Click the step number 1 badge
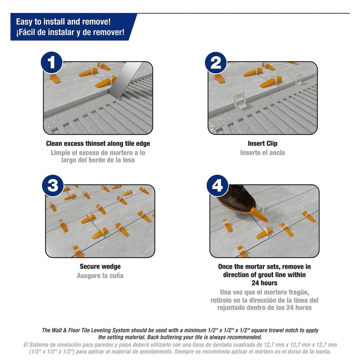click(x=52, y=63)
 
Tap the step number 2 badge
click(x=216, y=63)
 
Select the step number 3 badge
click(x=53, y=186)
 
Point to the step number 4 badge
click(x=217, y=186)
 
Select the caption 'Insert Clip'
click(x=262, y=144)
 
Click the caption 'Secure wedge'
click(x=100, y=266)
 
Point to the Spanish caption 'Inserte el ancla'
click(x=262, y=153)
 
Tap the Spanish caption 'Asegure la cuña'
click(x=100, y=276)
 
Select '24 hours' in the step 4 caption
click(x=264, y=283)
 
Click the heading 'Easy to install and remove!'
click(x=63, y=22)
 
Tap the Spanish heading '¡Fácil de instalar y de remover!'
click(x=70, y=32)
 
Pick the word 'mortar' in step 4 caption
click(x=255, y=267)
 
